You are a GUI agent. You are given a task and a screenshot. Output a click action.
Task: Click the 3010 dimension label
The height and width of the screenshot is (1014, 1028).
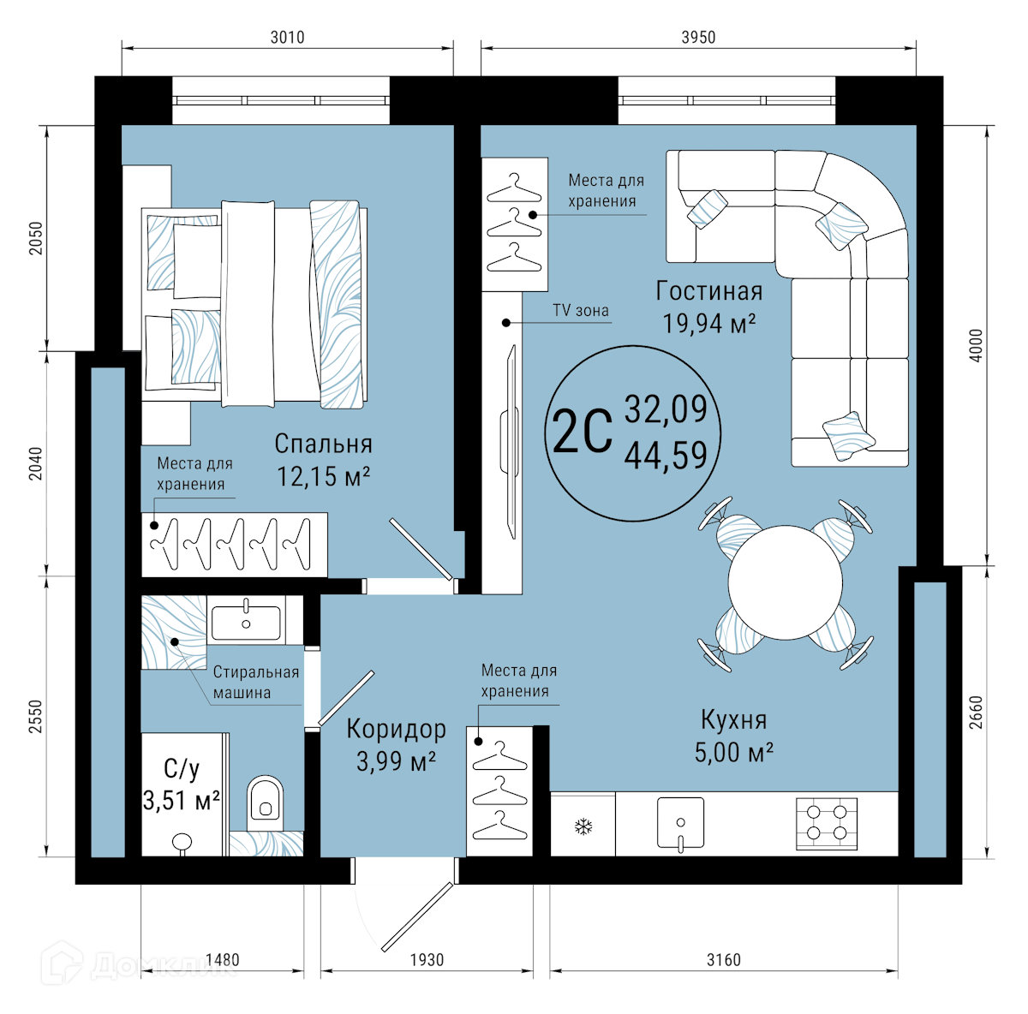(x=287, y=38)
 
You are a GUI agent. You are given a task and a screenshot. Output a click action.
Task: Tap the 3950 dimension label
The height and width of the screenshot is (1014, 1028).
(x=698, y=38)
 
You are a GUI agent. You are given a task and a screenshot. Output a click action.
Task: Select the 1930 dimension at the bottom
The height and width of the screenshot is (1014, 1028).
(x=427, y=960)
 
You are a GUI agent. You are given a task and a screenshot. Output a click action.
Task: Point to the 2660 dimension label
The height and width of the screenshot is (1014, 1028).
(x=976, y=712)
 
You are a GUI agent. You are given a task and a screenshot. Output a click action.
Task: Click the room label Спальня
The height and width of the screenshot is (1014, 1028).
(x=323, y=444)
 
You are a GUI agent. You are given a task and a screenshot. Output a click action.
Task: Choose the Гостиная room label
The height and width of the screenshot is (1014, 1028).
(x=709, y=291)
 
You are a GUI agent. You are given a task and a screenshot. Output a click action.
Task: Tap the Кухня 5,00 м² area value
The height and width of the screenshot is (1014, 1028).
(x=733, y=753)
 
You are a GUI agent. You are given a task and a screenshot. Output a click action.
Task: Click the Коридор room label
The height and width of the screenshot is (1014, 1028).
(x=396, y=730)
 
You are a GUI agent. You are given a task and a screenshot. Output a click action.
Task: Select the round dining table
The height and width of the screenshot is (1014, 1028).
(x=786, y=582)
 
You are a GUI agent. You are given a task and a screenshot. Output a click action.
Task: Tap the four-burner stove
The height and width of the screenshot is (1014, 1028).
(x=827, y=824)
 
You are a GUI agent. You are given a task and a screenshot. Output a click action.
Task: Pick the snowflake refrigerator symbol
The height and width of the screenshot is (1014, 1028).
(x=583, y=827)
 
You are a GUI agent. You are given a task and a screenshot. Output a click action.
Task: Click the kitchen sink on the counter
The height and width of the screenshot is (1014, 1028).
(x=680, y=823)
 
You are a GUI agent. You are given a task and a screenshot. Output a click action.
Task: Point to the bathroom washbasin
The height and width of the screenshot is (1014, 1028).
(x=246, y=621)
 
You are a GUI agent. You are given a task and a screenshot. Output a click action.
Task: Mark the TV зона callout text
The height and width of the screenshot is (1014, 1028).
(x=581, y=310)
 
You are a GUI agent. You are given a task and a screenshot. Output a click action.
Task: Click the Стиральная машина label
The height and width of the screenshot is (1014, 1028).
(x=256, y=683)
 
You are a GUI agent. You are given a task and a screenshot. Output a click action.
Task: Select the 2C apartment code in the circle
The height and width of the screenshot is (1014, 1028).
(x=582, y=432)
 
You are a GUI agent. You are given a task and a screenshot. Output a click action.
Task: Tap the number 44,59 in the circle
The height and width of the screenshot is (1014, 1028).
(x=666, y=456)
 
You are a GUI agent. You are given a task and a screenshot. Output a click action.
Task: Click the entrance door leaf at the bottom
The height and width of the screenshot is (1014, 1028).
(x=417, y=917)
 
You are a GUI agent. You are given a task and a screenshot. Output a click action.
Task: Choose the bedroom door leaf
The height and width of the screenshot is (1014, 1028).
(x=421, y=549)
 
